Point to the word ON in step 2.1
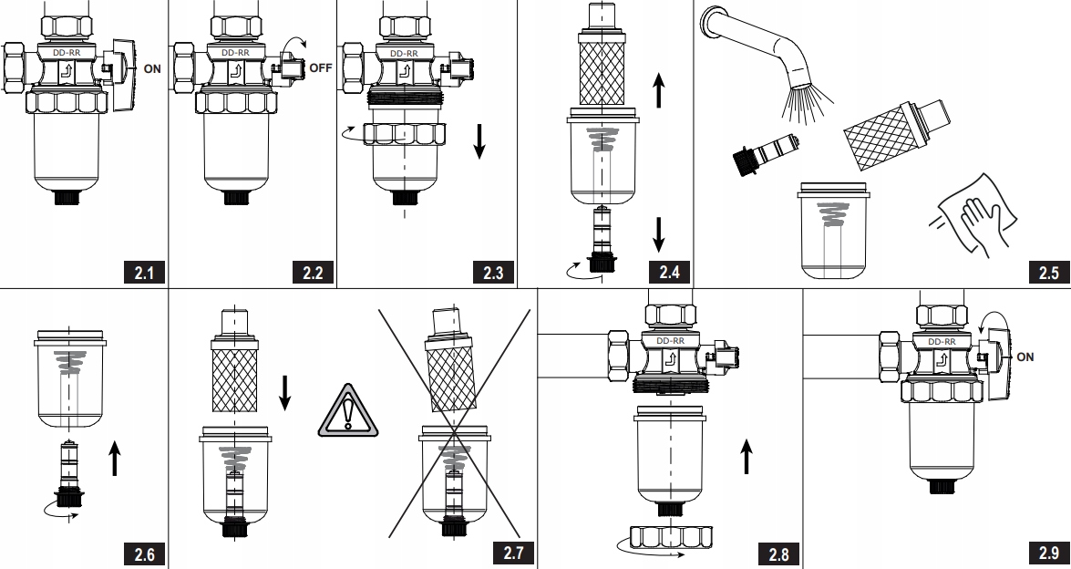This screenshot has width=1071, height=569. point(152,67)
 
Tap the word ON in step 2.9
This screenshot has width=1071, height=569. point(1025,357)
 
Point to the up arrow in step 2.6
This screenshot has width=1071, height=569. point(114,457)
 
